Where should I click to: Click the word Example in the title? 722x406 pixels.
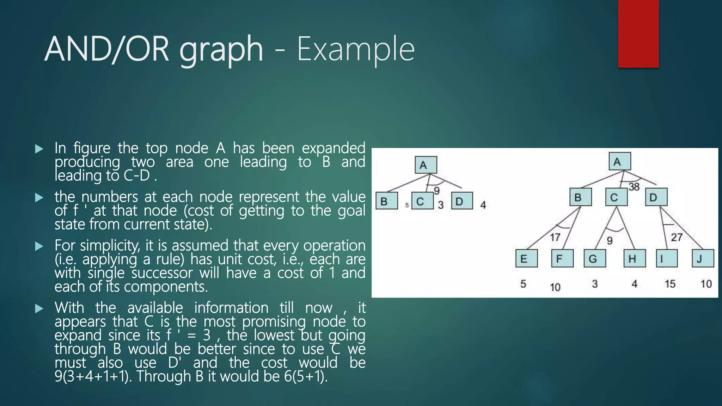pyautogui.click(x=355, y=49)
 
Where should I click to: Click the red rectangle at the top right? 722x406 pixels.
pyautogui.click(x=638, y=34)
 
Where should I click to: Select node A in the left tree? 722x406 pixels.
pyautogui.click(x=426, y=165)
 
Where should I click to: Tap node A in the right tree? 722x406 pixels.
pyautogui.click(x=619, y=161)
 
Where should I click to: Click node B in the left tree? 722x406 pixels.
pyautogui.click(x=386, y=201)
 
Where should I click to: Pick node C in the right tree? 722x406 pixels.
pyautogui.click(x=616, y=197)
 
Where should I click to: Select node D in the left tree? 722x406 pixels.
pyautogui.click(x=462, y=201)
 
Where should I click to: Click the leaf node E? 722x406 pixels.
pyautogui.click(x=526, y=258)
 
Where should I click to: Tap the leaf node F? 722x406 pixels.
pyautogui.click(x=562, y=258)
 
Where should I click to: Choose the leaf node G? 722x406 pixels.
pyautogui.click(x=595, y=258)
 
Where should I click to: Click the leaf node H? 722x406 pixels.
pyautogui.click(x=634, y=258)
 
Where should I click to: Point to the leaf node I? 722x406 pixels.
pyautogui.click(x=666, y=258)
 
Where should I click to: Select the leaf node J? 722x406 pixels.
pyautogui.click(x=703, y=258)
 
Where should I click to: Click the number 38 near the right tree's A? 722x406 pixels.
pyautogui.click(x=634, y=187)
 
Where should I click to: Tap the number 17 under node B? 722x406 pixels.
pyautogui.click(x=555, y=237)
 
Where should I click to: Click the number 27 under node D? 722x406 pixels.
pyautogui.click(x=676, y=237)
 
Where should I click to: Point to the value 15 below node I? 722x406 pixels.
pyautogui.click(x=670, y=284)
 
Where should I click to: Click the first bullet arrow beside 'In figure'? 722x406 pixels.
pyautogui.click(x=39, y=149)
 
